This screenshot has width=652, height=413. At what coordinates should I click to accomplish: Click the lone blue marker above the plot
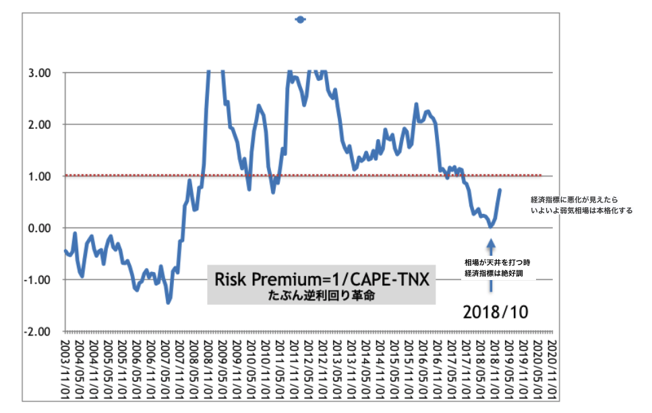point(301,20)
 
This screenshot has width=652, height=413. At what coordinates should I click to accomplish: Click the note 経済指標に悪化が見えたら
point(574,200)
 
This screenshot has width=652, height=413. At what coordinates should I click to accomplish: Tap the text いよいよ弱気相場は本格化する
point(582,211)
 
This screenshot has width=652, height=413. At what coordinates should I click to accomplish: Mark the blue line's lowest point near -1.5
point(168,302)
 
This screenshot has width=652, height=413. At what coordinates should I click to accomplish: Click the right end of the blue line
point(500,190)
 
